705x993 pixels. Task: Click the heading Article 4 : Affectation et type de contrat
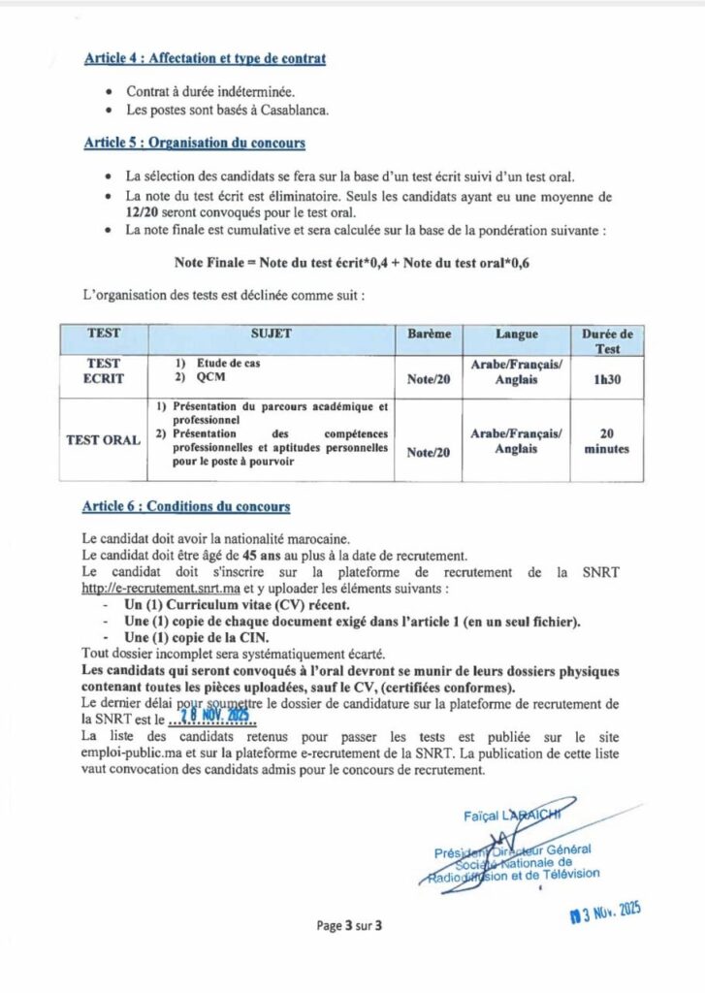[205, 59]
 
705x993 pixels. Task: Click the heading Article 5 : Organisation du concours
[194, 144]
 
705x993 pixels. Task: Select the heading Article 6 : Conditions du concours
[186, 506]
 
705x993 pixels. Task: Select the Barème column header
[429, 334]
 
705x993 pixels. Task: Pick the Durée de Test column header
[607, 341]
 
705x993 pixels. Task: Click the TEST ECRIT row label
[104, 370]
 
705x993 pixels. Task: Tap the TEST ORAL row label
[103, 439]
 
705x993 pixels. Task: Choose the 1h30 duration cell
[607, 379]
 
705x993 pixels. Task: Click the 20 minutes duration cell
[607, 442]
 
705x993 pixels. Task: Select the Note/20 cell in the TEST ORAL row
[429, 451]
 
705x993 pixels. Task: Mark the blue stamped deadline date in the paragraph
[215, 719]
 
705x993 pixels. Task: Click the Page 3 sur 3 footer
[350, 925]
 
